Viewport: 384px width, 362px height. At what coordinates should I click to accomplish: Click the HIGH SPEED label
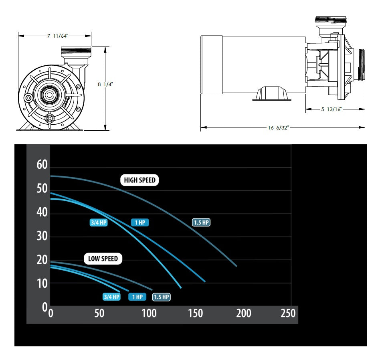tap(139, 180)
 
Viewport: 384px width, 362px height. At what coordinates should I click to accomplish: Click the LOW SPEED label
tap(103, 259)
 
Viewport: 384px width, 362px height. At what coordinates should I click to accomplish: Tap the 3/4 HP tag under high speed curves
tap(98, 223)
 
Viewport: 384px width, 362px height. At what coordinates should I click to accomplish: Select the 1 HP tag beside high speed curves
tap(140, 223)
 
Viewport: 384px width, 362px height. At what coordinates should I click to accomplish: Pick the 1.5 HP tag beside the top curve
tap(201, 223)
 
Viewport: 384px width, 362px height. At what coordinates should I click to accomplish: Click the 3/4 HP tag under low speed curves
tap(111, 297)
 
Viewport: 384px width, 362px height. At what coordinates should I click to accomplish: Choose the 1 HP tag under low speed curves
tap(137, 297)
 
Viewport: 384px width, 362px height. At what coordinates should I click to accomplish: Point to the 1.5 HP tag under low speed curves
tap(162, 297)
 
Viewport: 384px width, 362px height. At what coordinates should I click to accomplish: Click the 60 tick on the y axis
tap(42, 165)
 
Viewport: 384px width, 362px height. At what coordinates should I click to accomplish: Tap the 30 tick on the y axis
tap(42, 236)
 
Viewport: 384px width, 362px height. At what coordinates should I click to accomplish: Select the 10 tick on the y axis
tap(42, 283)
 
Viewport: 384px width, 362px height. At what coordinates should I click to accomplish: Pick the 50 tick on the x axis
tap(99, 313)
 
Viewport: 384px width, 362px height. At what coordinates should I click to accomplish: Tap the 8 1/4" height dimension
tap(105, 85)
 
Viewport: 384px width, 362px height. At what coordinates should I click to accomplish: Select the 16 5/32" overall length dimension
tap(278, 128)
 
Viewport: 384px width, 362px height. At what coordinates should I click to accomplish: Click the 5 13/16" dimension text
tap(331, 109)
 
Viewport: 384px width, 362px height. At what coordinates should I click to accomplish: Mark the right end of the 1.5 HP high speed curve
tap(236, 266)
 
